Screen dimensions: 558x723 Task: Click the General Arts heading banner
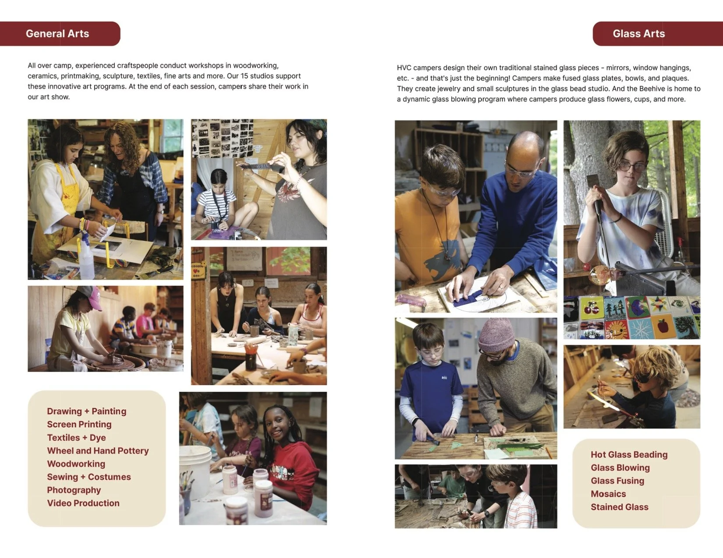click(57, 34)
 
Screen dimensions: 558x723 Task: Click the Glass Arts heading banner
click(638, 34)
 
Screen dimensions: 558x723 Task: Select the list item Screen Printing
click(79, 424)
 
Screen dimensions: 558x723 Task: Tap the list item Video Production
click(83, 503)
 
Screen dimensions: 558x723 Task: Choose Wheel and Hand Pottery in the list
click(98, 450)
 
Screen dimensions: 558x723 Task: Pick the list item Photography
click(74, 490)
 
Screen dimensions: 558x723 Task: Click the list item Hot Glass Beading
click(629, 454)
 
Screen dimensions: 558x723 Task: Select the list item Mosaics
click(608, 494)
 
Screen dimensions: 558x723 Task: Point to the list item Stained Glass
click(619, 507)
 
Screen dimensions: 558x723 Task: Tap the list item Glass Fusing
click(617, 481)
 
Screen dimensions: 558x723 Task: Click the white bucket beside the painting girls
click(195, 470)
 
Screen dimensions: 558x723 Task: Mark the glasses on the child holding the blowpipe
click(632, 167)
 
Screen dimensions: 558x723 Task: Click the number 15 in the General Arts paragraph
click(245, 76)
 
